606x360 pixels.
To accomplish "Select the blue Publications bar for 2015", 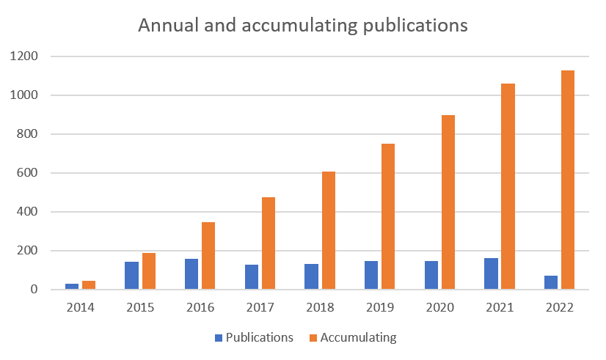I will click(131, 275).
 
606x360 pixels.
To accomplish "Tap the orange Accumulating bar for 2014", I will click(88, 284).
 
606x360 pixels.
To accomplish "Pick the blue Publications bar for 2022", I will click(552, 282).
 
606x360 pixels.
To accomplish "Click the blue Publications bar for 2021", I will click(492, 273).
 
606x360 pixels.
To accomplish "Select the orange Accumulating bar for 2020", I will click(448, 202).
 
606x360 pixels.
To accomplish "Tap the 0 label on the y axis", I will click(34, 290).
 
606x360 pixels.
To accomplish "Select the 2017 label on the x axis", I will click(260, 306).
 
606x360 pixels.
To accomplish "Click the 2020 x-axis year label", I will click(439, 306).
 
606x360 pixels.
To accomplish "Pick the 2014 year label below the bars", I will click(80, 306).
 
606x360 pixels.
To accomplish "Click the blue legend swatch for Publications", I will click(219, 338).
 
